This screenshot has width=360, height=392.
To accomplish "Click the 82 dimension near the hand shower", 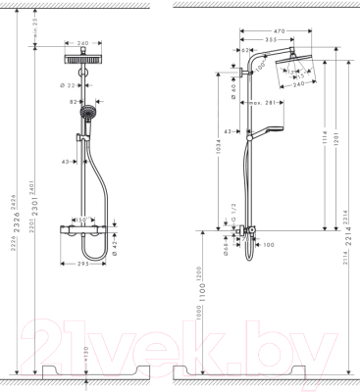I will tap(73, 101).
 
